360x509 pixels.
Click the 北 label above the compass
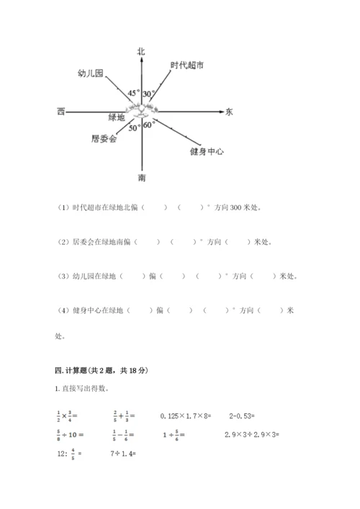(142, 50)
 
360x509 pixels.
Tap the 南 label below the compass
(143, 177)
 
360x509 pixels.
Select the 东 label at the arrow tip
(229, 112)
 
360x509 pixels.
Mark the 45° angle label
(134, 94)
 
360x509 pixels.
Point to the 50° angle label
(135, 128)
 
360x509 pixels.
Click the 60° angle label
(149, 125)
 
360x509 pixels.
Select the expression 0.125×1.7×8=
(188, 415)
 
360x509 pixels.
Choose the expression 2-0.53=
(246, 415)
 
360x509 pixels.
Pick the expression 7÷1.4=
(124, 454)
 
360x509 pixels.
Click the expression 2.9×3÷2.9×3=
(251, 435)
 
